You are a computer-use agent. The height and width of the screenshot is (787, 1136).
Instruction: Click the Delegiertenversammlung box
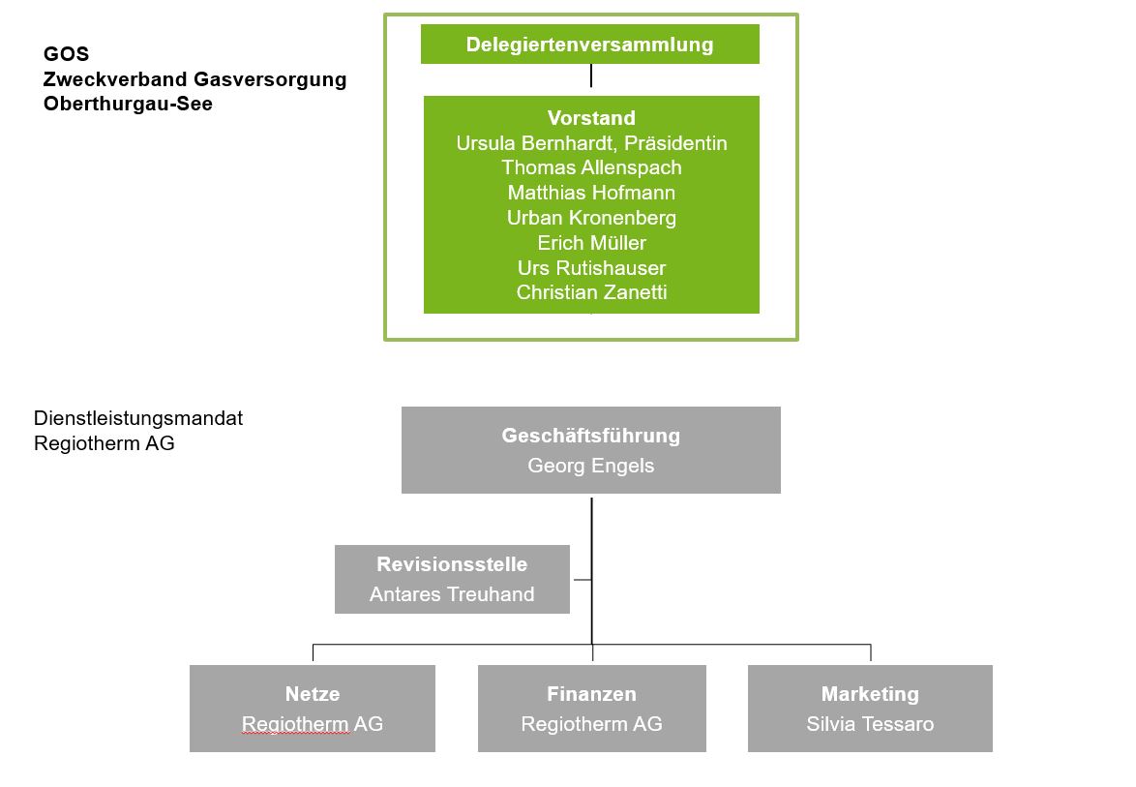coord(589,45)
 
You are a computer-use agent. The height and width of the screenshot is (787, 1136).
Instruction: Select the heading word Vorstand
coord(591,118)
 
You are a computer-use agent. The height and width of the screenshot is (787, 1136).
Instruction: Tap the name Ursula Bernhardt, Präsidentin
coord(591,143)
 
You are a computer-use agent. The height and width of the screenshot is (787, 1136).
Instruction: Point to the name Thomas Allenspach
coord(591,167)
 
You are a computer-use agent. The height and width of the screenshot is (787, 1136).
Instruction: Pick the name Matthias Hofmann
coord(591,193)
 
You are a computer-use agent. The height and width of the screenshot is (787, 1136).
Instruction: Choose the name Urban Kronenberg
coord(591,218)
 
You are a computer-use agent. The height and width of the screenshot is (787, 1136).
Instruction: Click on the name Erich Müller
coord(591,243)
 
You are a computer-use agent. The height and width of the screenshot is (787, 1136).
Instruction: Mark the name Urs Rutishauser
coord(591,268)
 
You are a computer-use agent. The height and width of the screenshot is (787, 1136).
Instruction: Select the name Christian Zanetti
coord(591,292)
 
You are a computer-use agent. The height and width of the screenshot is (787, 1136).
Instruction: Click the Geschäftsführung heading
coord(590,436)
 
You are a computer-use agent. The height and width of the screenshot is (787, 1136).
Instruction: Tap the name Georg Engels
coord(590,466)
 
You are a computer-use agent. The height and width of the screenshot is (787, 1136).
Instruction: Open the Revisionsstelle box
coord(452,578)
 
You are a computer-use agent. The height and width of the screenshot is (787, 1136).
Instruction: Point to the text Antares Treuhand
coord(452,594)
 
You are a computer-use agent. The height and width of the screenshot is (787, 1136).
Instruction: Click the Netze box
coord(312,708)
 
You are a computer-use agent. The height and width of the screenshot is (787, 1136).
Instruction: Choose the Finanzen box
coord(591,708)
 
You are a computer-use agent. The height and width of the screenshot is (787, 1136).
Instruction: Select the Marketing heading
coord(870,694)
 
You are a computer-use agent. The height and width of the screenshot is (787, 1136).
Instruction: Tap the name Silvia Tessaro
coord(870,724)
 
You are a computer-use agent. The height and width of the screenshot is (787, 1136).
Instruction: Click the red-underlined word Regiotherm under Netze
coord(295,724)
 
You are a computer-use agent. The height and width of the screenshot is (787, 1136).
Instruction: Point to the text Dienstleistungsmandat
coord(138,418)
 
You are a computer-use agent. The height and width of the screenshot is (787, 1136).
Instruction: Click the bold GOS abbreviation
coord(66,54)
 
